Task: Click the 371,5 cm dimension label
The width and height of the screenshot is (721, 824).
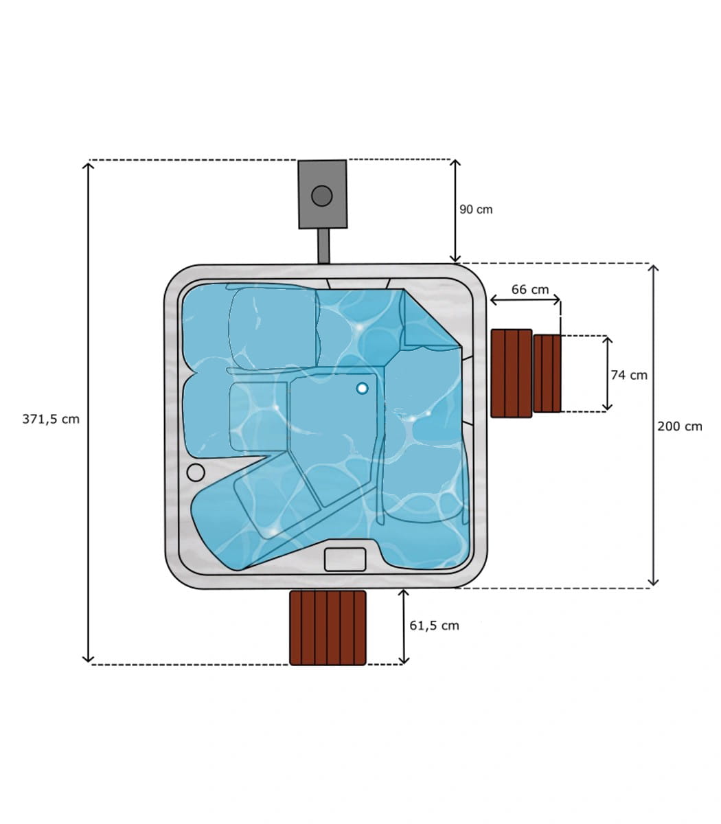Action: (51, 420)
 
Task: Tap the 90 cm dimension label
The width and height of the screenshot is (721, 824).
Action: (476, 209)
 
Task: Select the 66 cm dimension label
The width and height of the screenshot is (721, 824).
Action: (529, 289)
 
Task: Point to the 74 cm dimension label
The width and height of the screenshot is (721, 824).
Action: (629, 375)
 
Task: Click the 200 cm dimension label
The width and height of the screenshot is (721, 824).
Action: (680, 426)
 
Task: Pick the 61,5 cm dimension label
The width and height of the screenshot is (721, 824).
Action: (434, 626)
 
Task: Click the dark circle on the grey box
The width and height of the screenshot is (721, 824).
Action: (322, 196)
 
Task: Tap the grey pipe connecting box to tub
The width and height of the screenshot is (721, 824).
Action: (323, 246)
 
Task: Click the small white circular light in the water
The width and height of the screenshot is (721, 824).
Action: (362, 388)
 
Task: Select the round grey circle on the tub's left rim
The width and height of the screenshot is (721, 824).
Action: (196, 472)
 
